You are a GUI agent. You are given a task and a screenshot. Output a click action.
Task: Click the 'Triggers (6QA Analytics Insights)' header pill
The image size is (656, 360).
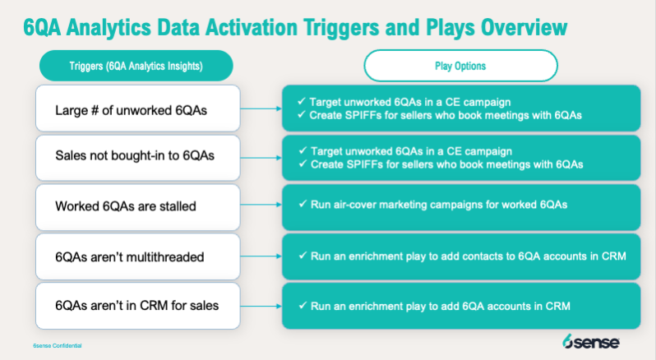pos(136,66)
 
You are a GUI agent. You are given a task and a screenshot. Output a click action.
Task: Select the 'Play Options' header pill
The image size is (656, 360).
pos(460,66)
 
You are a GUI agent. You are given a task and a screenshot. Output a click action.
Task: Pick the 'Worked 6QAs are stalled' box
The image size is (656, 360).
pos(138,207)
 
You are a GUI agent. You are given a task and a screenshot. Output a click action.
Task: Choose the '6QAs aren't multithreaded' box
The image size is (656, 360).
pos(138,256)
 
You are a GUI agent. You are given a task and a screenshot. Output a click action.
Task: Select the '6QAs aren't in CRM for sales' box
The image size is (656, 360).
pos(138,306)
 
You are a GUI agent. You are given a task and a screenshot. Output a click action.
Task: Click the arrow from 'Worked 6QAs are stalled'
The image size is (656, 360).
pos(261,205)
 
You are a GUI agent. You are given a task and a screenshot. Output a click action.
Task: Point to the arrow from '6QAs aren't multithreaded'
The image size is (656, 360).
pos(261,256)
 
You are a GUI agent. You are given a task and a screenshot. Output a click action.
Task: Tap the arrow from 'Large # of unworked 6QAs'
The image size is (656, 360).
pos(261,108)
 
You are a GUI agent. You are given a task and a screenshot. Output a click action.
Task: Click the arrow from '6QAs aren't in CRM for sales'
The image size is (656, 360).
pos(261,306)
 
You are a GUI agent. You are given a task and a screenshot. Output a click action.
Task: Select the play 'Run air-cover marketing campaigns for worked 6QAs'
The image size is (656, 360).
pos(432,205)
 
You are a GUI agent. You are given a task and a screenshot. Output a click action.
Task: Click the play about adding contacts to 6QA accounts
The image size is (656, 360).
pos(462,256)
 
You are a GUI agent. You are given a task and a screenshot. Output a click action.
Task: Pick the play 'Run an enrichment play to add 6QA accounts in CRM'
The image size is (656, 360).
pos(434,306)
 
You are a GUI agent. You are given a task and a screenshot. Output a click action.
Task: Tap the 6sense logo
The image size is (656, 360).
pos(591,342)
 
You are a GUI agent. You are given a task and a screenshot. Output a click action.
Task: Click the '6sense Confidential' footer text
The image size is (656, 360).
pos(58,346)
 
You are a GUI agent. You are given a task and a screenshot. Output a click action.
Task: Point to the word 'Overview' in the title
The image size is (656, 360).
pos(524,28)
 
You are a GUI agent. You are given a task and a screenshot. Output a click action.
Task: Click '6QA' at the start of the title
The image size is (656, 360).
pos(42,28)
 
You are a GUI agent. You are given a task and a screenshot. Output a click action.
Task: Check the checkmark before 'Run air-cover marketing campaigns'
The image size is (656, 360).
pos(303,204)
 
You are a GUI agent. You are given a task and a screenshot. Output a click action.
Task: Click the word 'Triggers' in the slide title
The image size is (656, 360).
pos(340,28)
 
